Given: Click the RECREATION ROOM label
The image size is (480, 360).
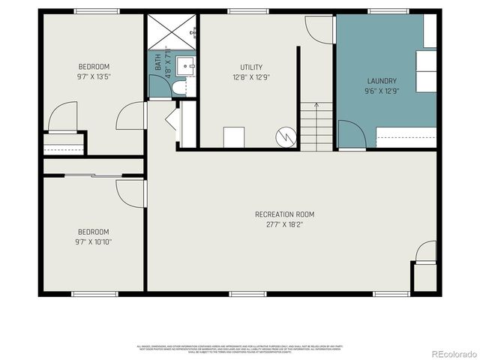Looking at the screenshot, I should pos(284,214).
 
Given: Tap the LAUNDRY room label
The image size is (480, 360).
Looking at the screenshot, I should pos(381,81).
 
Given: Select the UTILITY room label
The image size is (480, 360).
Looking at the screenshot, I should pos(251,67).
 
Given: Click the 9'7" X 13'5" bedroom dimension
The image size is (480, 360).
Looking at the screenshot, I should pos(94,76).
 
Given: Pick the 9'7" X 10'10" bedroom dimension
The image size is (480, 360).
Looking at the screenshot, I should pos(94,241).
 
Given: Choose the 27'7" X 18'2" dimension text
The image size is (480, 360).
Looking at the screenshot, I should pos(284,224).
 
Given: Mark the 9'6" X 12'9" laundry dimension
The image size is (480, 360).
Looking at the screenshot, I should pos(381,91).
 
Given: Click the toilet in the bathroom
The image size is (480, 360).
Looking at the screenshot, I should pos(178,88).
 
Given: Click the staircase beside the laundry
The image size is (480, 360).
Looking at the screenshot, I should pos(316,127).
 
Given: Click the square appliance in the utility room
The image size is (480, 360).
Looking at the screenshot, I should pos(234,137).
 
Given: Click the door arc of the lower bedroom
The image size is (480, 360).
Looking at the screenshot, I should pos(131,193).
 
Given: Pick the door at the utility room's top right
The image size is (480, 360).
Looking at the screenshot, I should pos(319,28).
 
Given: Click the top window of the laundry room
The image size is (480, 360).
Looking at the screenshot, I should pos(388,11).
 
